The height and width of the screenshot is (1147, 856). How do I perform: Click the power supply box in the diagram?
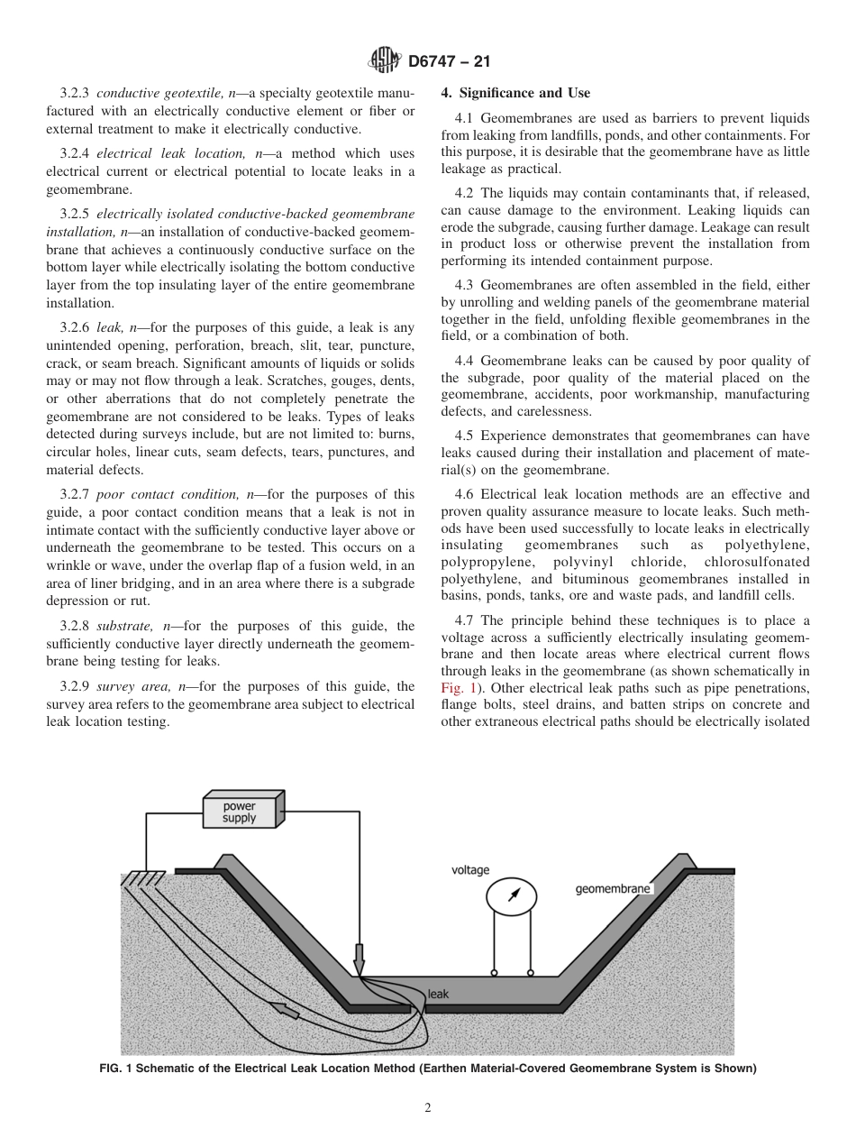242,810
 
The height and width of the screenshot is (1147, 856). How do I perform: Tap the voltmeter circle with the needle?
511,895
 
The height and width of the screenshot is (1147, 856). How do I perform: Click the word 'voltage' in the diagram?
470,870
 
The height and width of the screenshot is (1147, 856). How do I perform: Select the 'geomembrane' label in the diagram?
613,889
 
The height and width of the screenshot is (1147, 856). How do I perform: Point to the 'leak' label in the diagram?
438,995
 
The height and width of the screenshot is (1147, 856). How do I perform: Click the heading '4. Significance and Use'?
515,93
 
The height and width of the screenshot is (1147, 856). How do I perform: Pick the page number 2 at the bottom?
428,1108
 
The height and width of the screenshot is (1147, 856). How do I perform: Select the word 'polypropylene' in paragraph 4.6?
484,561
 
